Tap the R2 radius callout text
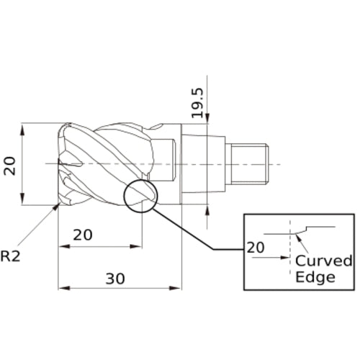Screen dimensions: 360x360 pos(11,255)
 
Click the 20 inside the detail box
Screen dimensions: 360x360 pos(256,248)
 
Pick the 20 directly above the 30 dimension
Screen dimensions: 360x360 pos(83,235)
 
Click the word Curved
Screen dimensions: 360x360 pos(324,260)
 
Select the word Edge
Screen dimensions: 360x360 pos(315,277)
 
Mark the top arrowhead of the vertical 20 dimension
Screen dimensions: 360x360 pos(24,127)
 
